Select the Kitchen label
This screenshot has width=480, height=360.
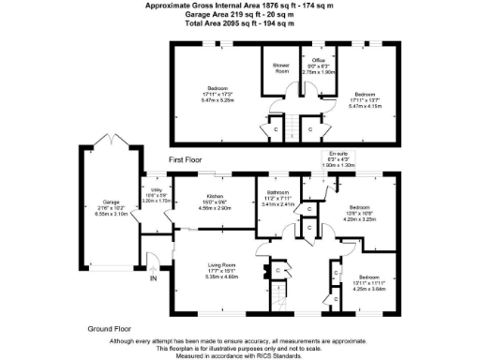(215, 197)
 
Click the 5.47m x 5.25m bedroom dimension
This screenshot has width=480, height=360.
(217, 97)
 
